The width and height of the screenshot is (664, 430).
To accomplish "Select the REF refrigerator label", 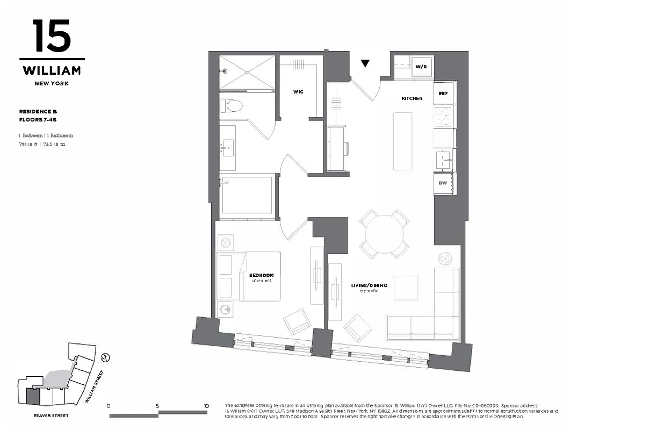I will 443,93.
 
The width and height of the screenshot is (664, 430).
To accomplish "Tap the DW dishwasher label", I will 443,183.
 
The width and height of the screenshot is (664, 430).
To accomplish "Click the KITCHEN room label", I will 412,98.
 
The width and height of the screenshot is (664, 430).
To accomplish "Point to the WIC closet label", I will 298,92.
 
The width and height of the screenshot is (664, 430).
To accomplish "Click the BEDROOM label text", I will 261,275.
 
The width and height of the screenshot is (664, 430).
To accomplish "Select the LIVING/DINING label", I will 369,285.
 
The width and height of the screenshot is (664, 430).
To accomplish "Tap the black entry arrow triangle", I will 365,63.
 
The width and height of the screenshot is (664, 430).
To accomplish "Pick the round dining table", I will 384,233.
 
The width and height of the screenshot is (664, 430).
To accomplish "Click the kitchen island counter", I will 403,140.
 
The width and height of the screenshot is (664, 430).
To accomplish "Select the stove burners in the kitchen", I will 444,116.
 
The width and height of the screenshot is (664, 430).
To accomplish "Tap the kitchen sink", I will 444,159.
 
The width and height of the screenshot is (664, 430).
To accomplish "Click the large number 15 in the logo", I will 52,36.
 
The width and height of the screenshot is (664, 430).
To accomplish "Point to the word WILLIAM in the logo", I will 52,70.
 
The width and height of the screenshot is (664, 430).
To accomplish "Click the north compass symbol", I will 106,356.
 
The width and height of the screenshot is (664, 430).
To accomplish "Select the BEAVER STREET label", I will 50,415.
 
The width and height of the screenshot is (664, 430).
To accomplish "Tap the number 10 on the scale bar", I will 206,406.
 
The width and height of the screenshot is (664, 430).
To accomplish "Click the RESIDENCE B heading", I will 38,111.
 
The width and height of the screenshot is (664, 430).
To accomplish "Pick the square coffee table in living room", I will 406,288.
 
